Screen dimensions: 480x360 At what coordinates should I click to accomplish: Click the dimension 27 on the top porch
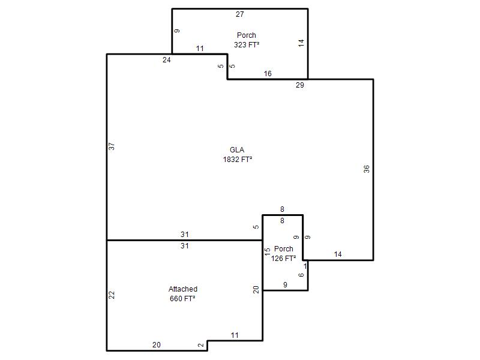point(239,14)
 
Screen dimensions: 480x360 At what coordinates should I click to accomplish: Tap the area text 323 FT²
point(247,44)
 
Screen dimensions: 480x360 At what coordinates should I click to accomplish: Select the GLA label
point(237,149)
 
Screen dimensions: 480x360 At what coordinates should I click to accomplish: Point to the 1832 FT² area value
point(238,159)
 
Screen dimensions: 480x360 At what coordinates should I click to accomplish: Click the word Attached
point(183,289)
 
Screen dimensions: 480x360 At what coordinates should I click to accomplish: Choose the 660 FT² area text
point(182,298)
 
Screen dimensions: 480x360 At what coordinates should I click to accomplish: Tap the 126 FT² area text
point(283,259)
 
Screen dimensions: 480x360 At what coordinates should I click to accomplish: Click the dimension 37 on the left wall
point(112,146)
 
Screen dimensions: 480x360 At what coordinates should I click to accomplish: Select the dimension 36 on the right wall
point(367,169)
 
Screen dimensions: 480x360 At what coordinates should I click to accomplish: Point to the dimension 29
point(299,85)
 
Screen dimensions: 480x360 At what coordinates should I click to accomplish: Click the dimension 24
point(167,59)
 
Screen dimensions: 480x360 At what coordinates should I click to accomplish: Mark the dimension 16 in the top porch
point(268,73)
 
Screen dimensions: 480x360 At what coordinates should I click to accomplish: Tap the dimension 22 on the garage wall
point(112,295)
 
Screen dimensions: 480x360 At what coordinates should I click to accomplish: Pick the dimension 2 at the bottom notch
point(201,345)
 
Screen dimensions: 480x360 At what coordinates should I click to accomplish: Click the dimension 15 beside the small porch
point(267,251)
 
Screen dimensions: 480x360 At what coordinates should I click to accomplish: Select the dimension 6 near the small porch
point(301,275)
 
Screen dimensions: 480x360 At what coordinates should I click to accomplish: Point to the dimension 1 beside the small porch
point(305,266)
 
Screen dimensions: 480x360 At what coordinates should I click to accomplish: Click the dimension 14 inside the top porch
point(301,43)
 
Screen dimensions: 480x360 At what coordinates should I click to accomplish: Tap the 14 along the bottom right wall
point(338,254)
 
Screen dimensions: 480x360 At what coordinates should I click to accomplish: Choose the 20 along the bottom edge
point(157,344)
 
